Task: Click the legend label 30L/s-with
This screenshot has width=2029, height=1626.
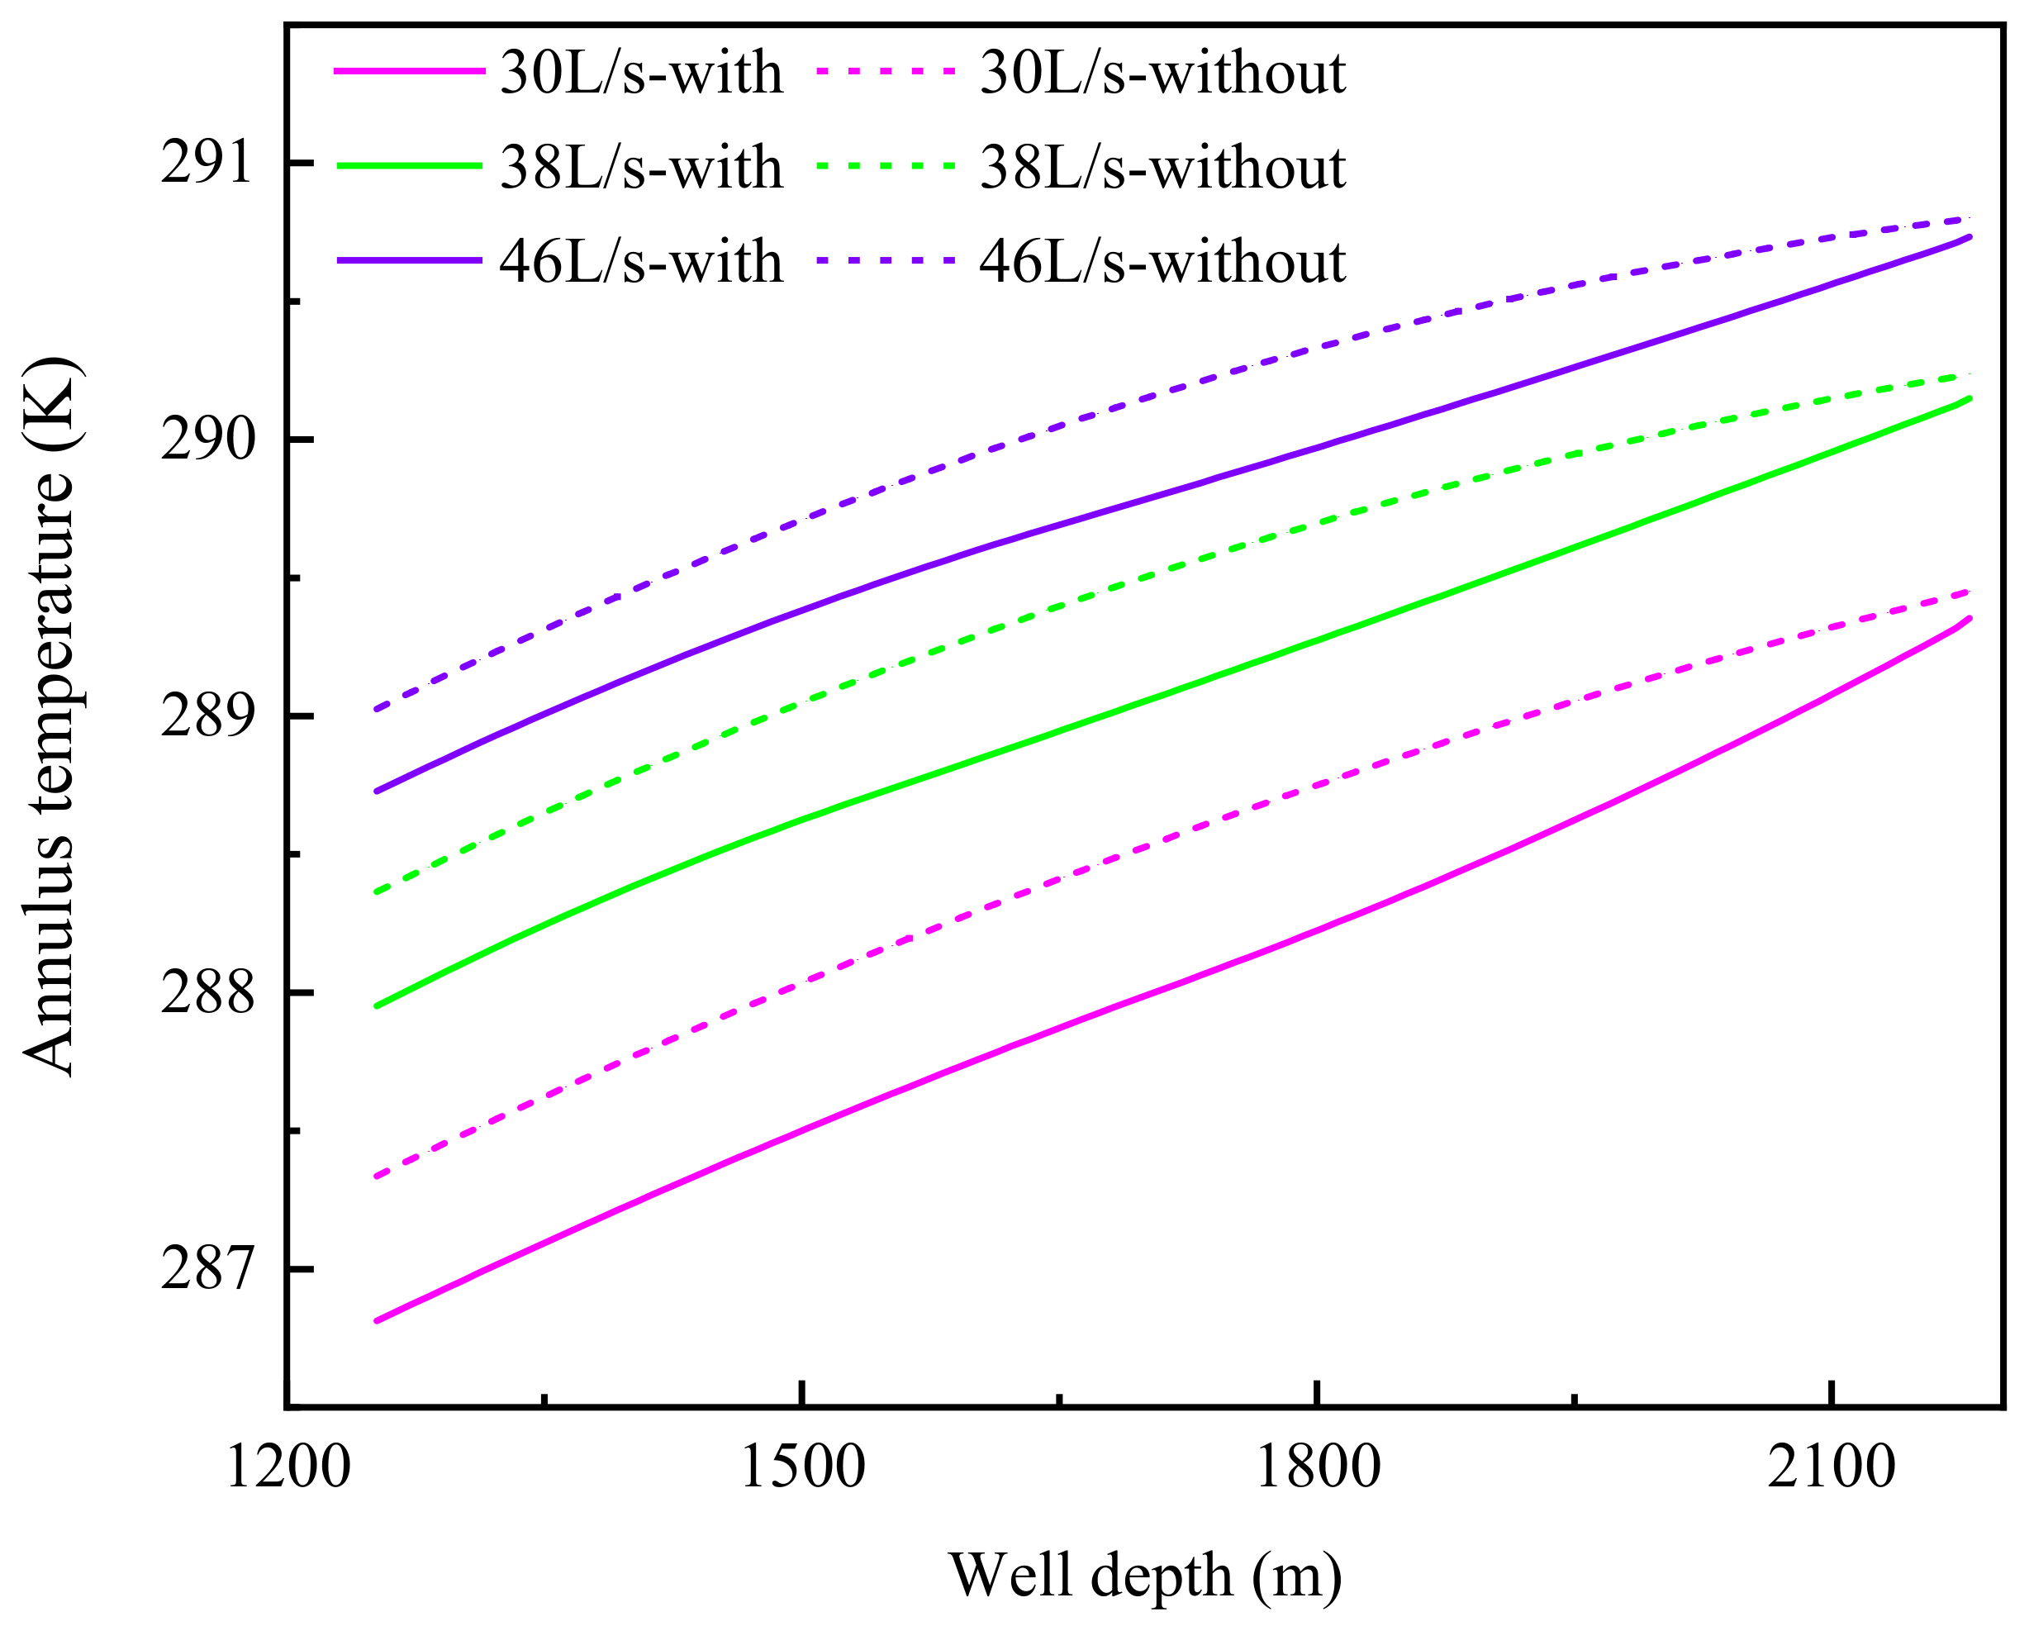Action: [x=641, y=73]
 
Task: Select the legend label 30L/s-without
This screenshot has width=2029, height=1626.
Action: [x=1162, y=73]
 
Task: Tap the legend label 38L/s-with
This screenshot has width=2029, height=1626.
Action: [x=641, y=168]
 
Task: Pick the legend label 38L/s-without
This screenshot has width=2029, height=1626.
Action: [x=1162, y=168]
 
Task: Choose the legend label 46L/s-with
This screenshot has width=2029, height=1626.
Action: [x=641, y=262]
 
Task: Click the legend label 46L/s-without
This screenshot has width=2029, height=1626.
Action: [x=1162, y=262]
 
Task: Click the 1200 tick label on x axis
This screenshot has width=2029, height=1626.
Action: [x=288, y=1467]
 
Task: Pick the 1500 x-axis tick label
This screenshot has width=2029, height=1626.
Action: [x=802, y=1467]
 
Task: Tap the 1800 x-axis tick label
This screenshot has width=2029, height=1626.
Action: [x=1318, y=1467]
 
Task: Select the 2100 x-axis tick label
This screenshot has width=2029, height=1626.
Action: [x=1831, y=1467]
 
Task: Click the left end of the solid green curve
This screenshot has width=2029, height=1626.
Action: [x=378, y=1006]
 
